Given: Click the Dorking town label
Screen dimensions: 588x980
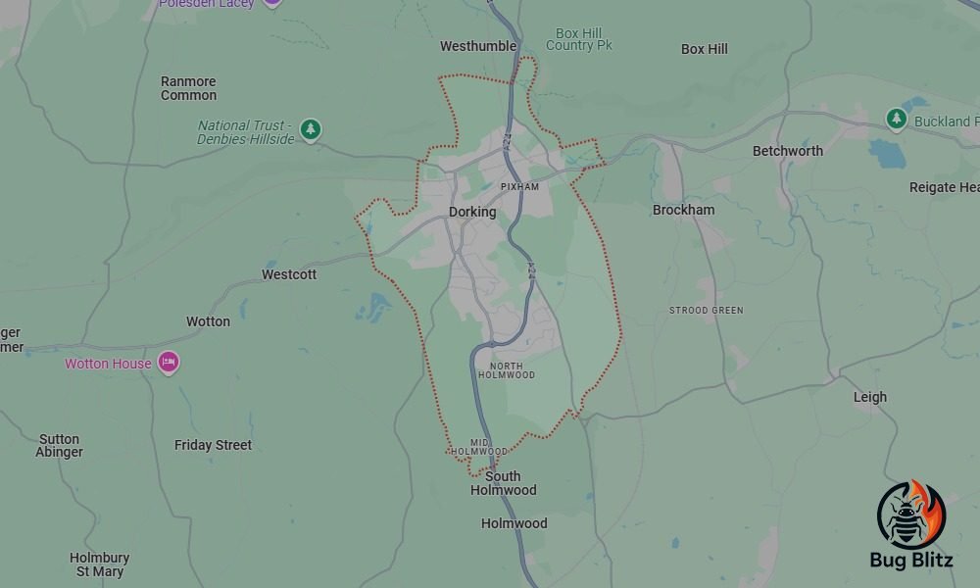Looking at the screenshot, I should (x=472, y=212).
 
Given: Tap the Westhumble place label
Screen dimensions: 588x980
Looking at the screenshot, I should (x=478, y=46).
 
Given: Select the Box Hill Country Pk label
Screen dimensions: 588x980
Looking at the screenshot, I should (x=579, y=39).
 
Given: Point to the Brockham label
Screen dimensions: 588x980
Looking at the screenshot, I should (x=684, y=210).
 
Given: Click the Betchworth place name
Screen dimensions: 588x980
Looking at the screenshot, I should (x=788, y=151).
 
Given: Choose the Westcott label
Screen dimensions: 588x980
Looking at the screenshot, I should (x=289, y=274).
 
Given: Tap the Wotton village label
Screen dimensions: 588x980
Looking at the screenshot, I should (x=209, y=321).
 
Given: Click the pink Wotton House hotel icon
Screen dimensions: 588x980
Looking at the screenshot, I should (x=169, y=363).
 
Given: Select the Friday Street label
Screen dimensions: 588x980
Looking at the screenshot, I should (x=214, y=445).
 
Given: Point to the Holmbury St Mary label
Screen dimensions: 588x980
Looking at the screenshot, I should (x=100, y=564).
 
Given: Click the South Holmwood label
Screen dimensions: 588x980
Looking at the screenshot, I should (x=504, y=483).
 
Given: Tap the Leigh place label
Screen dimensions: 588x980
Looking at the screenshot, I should (x=870, y=397).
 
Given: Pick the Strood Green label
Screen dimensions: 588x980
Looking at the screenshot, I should (x=707, y=311).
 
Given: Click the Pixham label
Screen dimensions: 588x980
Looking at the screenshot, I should (x=519, y=186).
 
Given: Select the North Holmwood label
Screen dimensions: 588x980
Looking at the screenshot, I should (x=507, y=370).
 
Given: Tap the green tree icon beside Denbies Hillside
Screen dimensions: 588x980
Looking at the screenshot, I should (x=311, y=128).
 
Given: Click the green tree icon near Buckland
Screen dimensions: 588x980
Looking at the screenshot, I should (x=896, y=119).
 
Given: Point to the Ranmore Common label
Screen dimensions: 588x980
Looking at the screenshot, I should (x=189, y=88).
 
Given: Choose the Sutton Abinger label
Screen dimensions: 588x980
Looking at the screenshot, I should (x=60, y=446).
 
